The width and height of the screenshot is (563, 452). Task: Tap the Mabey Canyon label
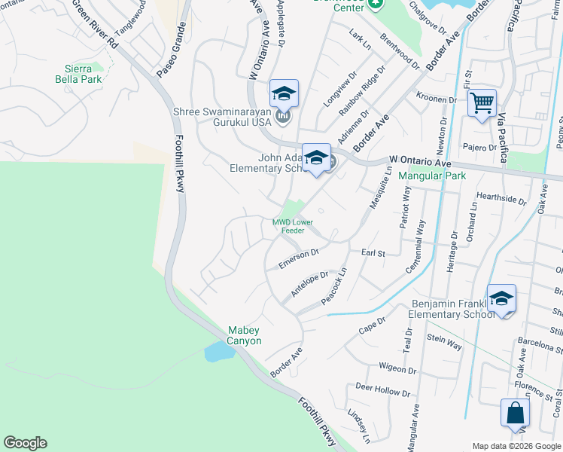(x=245, y=336)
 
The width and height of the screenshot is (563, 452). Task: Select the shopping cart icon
(x=482, y=103)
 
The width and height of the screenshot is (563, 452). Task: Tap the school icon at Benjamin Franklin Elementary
(x=501, y=299)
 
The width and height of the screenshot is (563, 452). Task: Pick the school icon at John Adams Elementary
(x=316, y=158)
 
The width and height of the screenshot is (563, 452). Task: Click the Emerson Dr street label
(x=299, y=259)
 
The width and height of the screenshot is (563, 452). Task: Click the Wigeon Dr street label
(x=397, y=369)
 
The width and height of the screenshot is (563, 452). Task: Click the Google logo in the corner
(x=25, y=443)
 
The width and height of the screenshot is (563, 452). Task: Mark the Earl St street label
(x=373, y=254)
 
